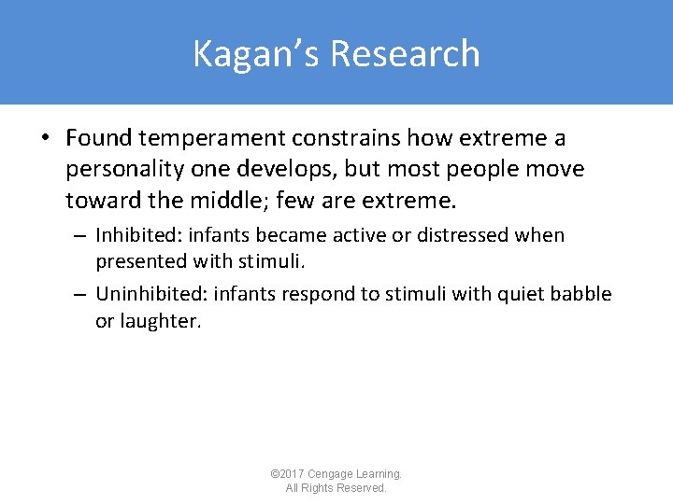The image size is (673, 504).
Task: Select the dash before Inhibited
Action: point(81,235)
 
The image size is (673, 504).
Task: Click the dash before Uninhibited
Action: point(81,295)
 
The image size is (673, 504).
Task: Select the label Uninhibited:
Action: point(151,295)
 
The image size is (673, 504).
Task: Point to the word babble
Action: point(580,295)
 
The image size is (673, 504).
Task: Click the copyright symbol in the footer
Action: point(274,474)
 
